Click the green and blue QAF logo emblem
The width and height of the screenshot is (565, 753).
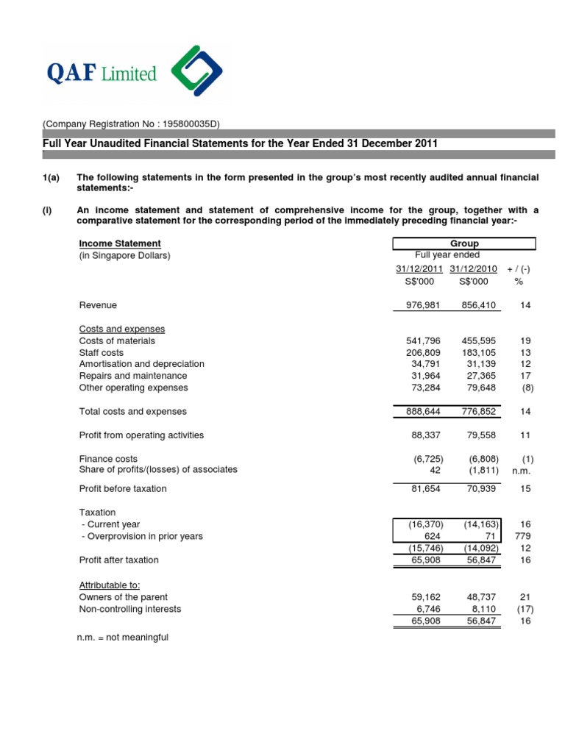pos(196,73)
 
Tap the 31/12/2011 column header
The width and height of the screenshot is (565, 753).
pos(419,269)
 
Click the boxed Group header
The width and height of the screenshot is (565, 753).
pos(464,243)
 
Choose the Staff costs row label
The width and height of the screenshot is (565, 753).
pos(102,352)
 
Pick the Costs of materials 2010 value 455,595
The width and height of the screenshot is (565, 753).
pos(480,340)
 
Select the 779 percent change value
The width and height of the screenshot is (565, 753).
pos(522,536)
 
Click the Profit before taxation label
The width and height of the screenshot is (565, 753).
pos(123,488)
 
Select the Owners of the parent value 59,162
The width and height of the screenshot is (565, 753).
pos(427,597)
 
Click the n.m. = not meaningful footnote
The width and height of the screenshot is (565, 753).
pos(123,637)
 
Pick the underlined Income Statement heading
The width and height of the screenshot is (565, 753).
pos(120,243)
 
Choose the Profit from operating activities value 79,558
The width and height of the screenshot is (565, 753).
pos(480,435)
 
